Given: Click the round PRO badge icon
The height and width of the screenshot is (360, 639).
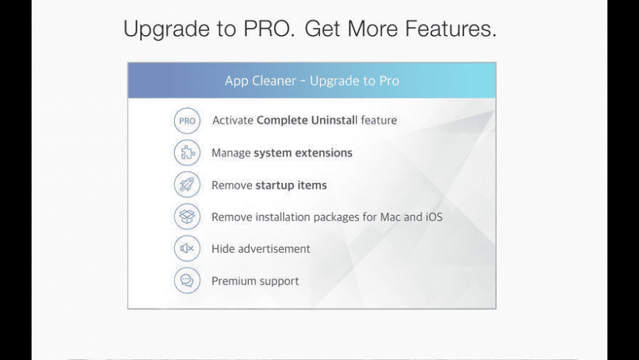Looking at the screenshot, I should pos(187,120).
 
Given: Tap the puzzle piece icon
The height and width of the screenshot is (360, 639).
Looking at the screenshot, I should pos(187,153).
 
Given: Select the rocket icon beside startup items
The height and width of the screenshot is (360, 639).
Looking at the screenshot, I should pos(187,184).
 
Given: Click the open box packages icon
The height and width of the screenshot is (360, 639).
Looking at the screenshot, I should pos(187,217).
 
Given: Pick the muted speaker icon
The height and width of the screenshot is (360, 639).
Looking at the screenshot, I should pos(187,248).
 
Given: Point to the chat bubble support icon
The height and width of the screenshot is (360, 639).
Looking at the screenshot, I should pos(187,281).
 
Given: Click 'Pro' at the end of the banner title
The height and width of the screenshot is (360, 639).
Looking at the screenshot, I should pos(388,80).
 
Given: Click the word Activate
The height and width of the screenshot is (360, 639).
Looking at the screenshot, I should pos(232,120).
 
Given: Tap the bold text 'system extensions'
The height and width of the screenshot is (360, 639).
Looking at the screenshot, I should pos(303,153).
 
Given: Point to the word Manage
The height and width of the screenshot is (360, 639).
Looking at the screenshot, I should pos(231,153).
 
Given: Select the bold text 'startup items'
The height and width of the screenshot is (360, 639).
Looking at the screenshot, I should pos(291,185).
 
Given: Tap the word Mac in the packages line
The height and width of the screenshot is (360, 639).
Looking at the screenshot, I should pos(391,217).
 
